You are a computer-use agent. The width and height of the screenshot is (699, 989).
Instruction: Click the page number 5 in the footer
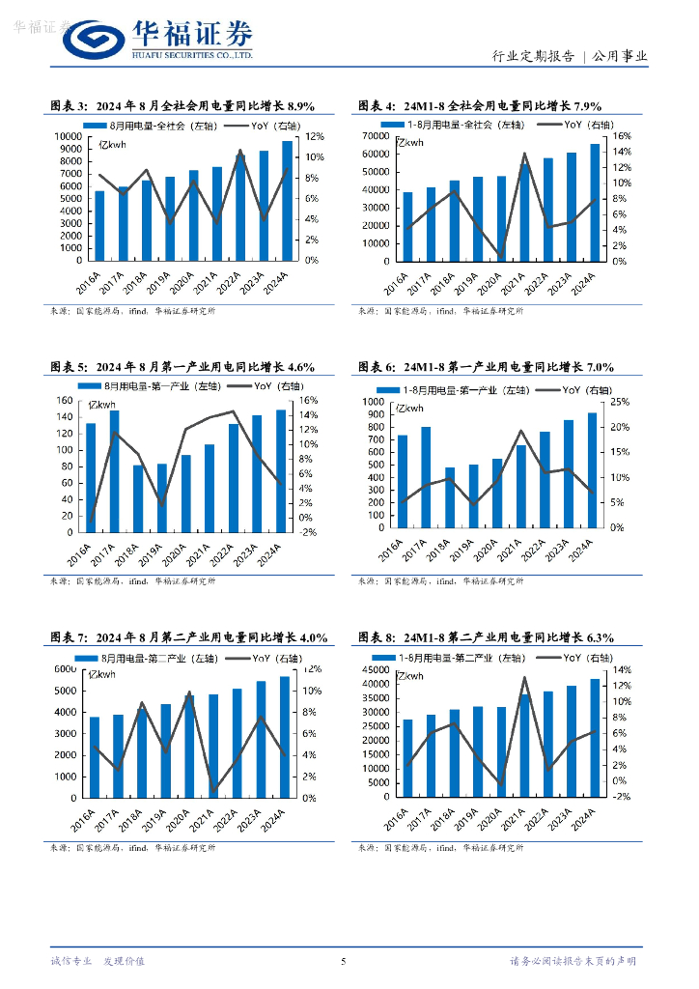coord(344,961)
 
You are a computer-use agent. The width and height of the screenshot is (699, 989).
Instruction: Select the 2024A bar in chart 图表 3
coord(287,201)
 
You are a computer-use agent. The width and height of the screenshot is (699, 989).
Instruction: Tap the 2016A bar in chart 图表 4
coord(407,226)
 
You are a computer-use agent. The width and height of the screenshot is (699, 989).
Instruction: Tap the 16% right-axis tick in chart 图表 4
coord(625,137)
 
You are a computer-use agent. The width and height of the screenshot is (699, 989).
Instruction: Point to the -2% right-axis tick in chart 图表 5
coord(309,532)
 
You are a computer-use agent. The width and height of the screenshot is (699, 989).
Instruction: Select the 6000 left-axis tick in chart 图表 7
coord(65,669)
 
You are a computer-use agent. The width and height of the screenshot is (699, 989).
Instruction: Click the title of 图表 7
coord(189,637)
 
